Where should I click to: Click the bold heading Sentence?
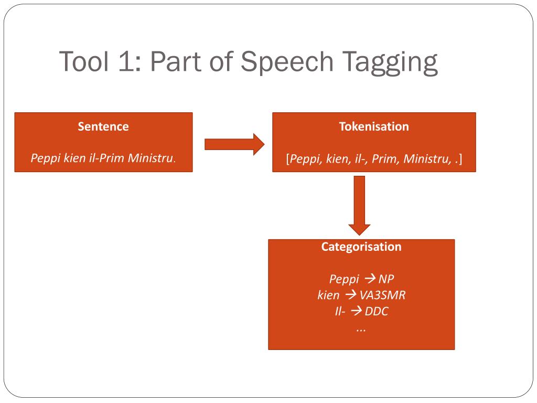[x=103, y=126]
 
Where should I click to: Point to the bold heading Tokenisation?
[x=374, y=126]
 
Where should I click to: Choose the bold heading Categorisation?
[x=361, y=247]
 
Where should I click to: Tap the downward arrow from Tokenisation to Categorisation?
[x=360, y=206]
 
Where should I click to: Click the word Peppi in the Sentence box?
[x=46, y=158]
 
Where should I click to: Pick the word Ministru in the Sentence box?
[x=151, y=158]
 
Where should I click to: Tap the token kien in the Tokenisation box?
[x=337, y=158]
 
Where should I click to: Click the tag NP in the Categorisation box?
[x=386, y=279]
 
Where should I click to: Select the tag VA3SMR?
[x=383, y=295]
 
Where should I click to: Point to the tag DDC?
[x=377, y=311]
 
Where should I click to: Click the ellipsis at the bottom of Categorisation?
[x=361, y=328]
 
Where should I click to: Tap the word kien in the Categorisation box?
[x=328, y=295]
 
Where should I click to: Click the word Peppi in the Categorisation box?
[x=344, y=279]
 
